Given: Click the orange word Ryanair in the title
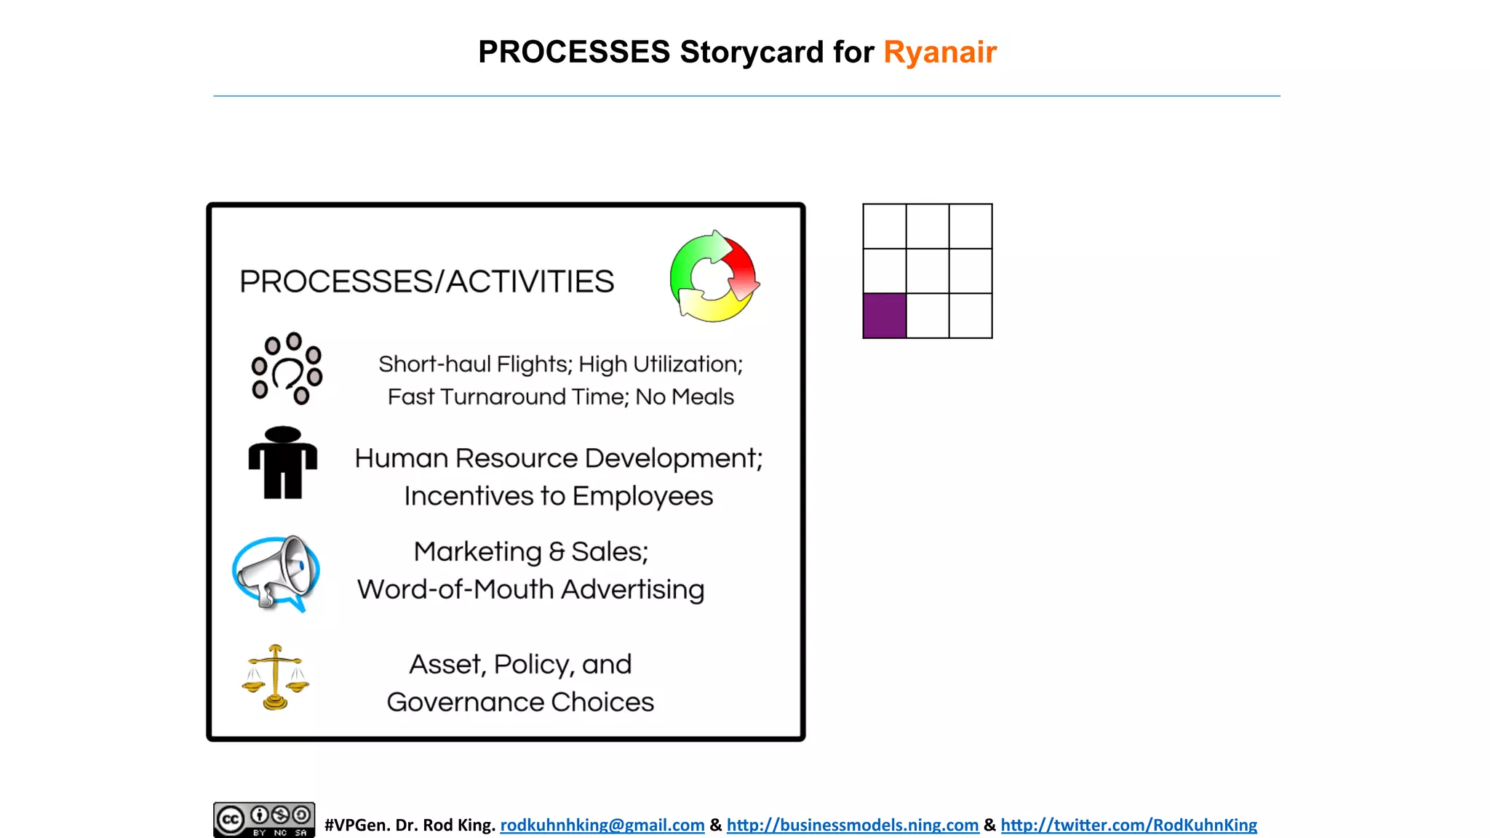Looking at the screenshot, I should (x=939, y=52).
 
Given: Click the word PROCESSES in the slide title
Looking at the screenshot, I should (x=574, y=52).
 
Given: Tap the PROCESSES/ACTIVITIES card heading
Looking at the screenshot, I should (x=427, y=282).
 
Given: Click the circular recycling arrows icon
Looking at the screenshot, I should (x=714, y=277).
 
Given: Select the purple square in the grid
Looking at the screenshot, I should (x=885, y=316).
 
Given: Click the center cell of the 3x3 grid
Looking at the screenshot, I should (x=928, y=271).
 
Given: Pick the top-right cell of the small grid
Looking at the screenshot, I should (x=971, y=226).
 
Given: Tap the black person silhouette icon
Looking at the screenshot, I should (x=283, y=463).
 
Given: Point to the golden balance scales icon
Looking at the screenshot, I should (x=276, y=677).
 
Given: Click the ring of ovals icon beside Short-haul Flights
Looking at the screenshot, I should (x=287, y=368).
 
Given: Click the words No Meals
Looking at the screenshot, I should (x=685, y=397).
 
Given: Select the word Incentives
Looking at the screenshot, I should (x=469, y=496).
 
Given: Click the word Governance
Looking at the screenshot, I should (x=465, y=702).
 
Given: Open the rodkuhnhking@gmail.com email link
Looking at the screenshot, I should (x=602, y=825).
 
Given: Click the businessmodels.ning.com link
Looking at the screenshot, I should (x=852, y=825).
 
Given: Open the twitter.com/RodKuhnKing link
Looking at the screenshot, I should (x=1128, y=825).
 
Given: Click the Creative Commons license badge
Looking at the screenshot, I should (x=264, y=820).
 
